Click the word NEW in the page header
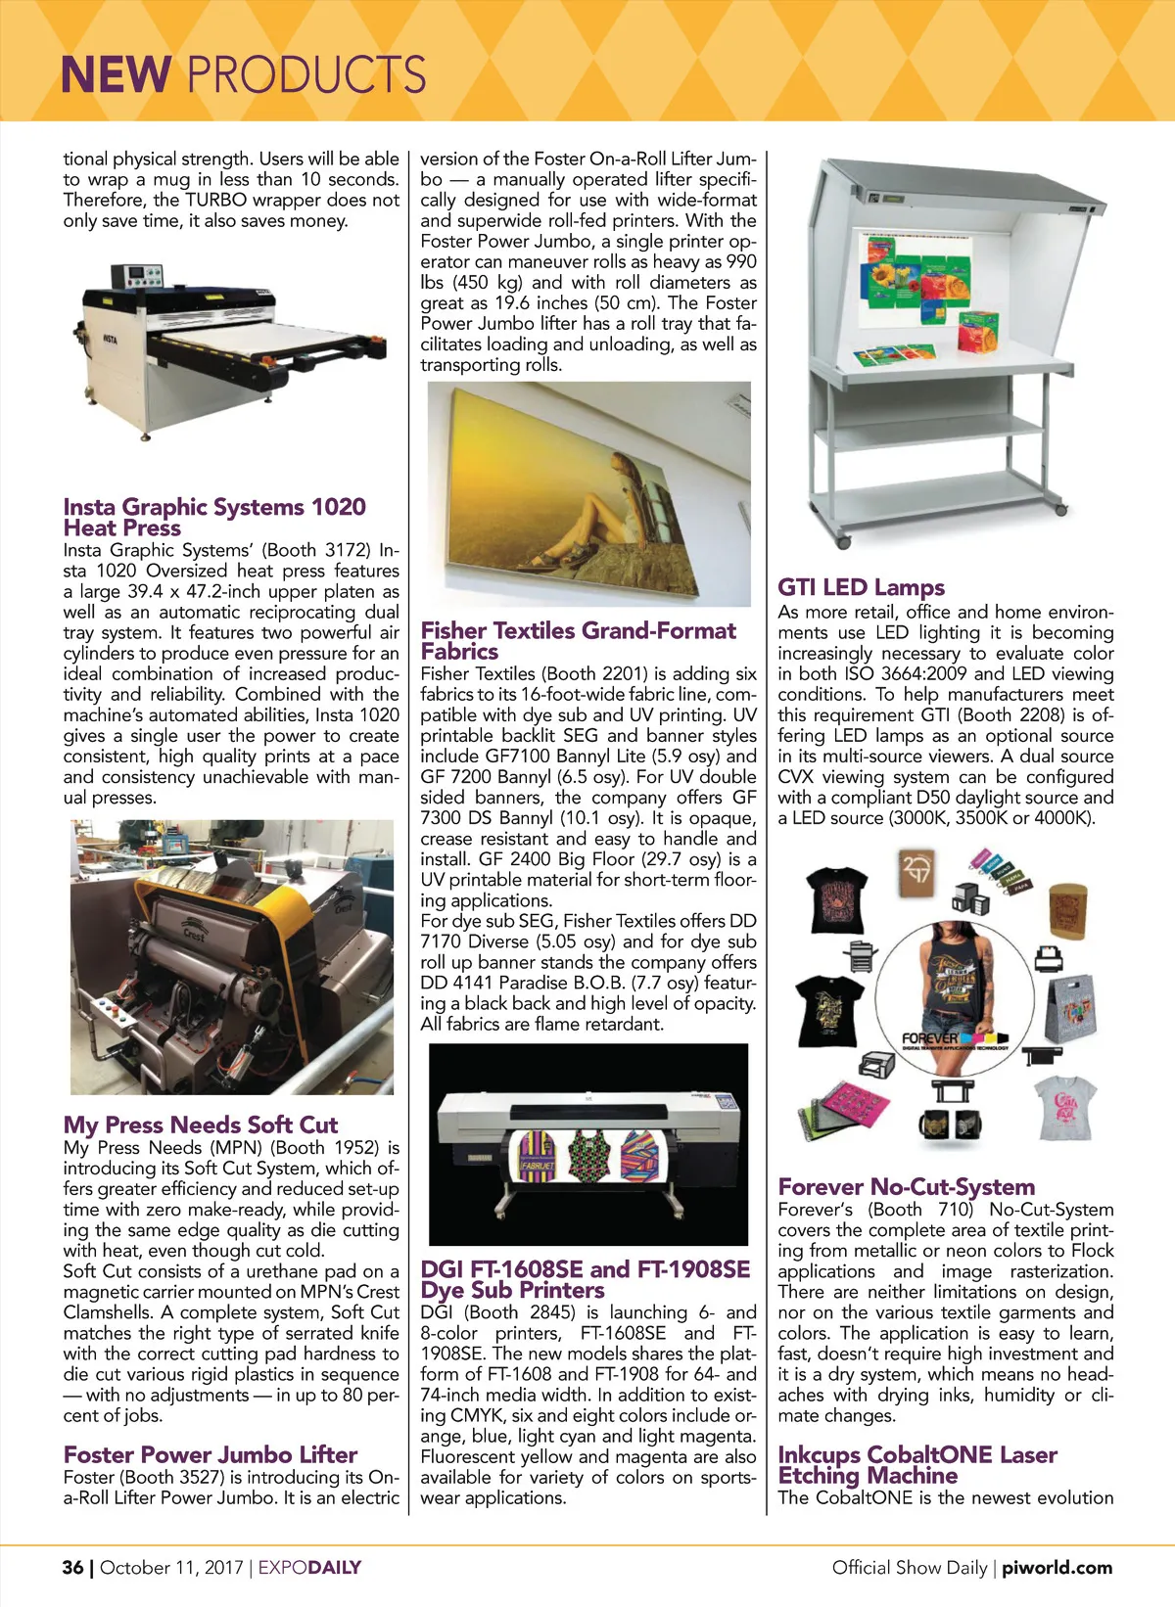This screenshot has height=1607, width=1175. click(116, 74)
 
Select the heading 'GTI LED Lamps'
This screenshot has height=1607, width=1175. click(861, 587)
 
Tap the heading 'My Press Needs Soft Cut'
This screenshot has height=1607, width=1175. click(200, 1125)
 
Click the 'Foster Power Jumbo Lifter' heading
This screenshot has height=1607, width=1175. click(210, 1454)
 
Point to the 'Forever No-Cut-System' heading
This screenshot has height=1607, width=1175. click(906, 1186)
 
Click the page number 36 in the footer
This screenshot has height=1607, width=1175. click(72, 1567)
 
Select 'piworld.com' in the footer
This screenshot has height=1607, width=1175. click(1057, 1567)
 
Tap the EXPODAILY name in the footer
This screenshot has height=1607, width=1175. click(309, 1567)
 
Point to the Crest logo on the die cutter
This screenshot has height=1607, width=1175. click(195, 935)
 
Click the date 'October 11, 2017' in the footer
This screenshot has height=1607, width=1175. click(170, 1567)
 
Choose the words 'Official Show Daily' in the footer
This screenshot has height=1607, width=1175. click(909, 1567)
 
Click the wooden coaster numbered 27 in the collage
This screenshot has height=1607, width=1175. click(917, 868)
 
